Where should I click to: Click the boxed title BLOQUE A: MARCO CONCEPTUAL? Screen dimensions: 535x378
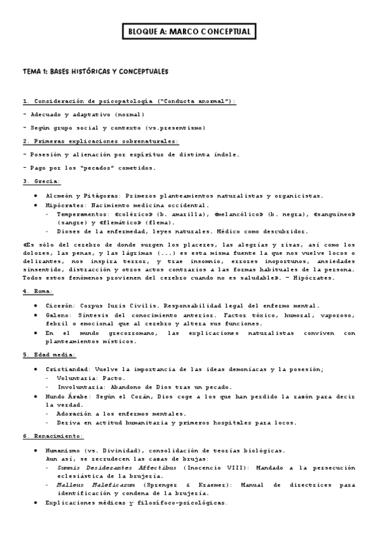(189, 31)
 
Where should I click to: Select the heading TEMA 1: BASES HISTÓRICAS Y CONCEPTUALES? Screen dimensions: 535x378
(95, 72)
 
